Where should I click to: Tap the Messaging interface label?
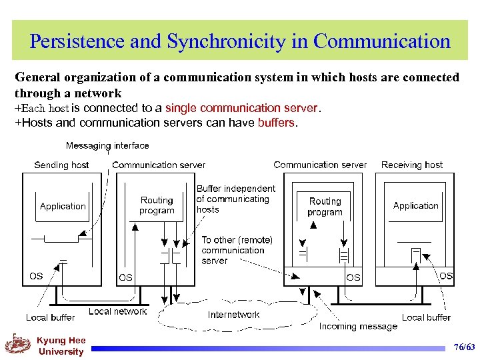pyautogui.click(x=107, y=145)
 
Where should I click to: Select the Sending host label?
pyautogui.click(x=61, y=165)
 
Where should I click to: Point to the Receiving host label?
pyautogui.click(x=412, y=165)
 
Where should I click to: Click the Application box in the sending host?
pyautogui.click(x=63, y=206)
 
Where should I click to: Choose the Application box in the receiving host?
pyautogui.click(x=416, y=205)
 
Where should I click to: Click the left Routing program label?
pyautogui.click(x=157, y=205)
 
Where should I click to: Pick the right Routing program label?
pyautogui.click(x=325, y=206)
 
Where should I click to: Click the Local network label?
pyautogui.click(x=117, y=311)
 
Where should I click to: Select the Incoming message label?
pyautogui.click(x=358, y=326)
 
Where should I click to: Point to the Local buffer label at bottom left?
pyautogui.click(x=50, y=317)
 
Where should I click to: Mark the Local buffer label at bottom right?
pyautogui.click(x=426, y=317)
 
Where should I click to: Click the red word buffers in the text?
pyautogui.click(x=275, y=123)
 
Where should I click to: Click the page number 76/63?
pyautogui.click(x=464, y=347)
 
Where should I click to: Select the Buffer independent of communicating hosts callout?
pyautogui.click(x=235, y=199)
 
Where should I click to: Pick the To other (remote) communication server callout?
pyautogui.click(x=237, y=250)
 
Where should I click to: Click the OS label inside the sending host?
pyautogui.click(x=36, y=276)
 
